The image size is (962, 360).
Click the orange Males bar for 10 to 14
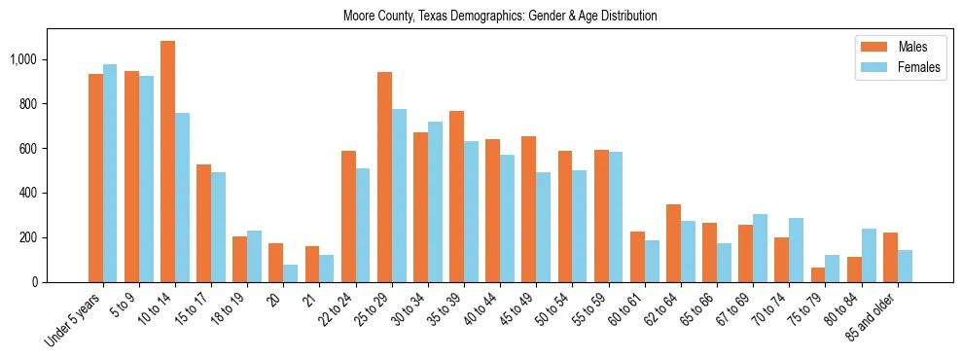[x=167, y=162]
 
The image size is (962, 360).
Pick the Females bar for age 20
[x=290, y=273]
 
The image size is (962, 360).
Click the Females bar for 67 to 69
[x=760, y=248]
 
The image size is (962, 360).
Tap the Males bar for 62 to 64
[x=673, y=243]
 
